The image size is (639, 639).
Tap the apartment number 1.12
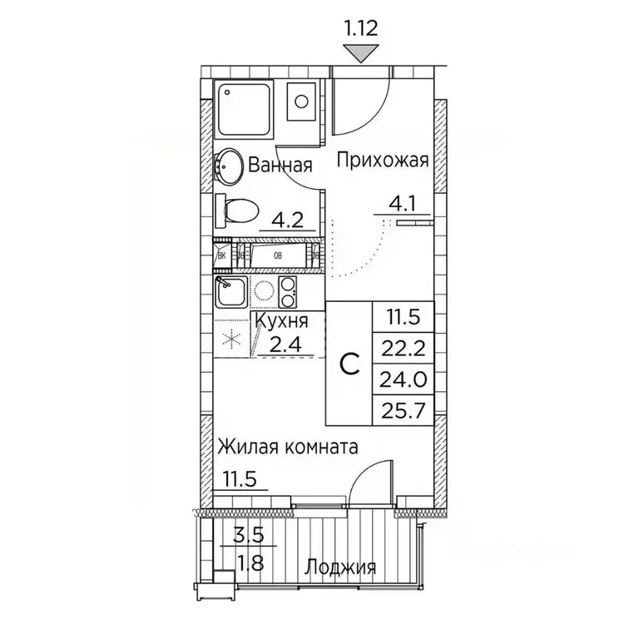360,27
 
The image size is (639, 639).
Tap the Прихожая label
382,161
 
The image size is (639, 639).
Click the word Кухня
281,321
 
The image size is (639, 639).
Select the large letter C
351,362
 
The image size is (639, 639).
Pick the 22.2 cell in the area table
402,347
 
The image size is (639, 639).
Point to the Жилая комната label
287,447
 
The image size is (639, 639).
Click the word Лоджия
339,568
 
